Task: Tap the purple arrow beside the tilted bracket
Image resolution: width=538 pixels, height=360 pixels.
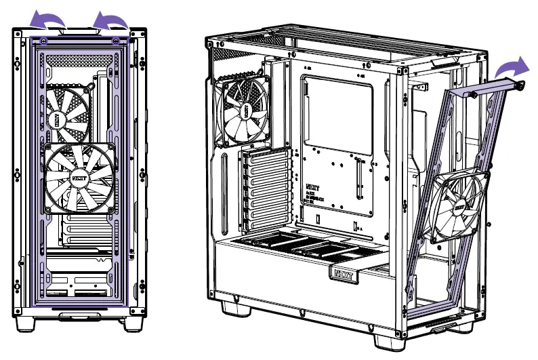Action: pyautogui.click(x=514, y=68)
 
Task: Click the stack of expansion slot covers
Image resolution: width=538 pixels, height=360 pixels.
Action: pyautogui.click(x=265, y=191)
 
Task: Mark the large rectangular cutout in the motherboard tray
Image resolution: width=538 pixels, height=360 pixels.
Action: pyautogui.click(x=337, y=112)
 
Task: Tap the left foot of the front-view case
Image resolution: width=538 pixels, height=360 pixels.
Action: pyautogui.click(x=27, y=323)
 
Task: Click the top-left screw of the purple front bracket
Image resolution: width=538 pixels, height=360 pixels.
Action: pyautogui.click(x=45, y=41)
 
